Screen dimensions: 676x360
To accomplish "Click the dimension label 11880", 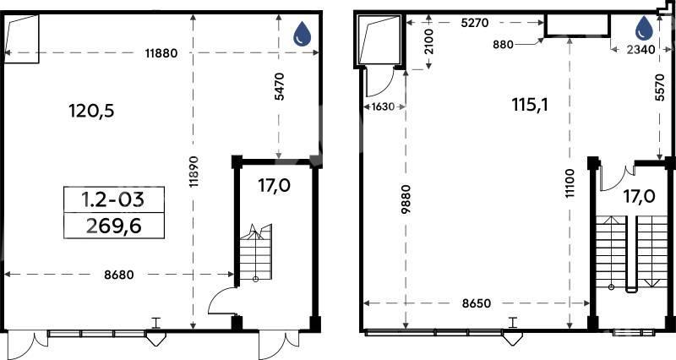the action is coord(161,53).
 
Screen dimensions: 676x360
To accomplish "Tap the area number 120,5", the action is coord(91,112).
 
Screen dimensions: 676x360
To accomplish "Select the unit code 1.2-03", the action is coord(113,199).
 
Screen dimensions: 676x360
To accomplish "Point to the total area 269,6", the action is coord(114,226).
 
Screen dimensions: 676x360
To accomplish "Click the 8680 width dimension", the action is coord(119,275).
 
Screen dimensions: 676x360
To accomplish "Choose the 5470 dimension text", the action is coord(280,87).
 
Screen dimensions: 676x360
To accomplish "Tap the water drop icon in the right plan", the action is coord(645,28).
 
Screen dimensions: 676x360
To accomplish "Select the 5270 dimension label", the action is coord(475,23).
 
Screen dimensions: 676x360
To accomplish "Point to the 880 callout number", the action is coord(503,44).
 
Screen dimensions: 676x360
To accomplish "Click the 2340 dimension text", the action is coord(641,50).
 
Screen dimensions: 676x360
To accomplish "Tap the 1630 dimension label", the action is coord(383,106).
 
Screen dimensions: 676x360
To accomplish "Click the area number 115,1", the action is coord(531,104).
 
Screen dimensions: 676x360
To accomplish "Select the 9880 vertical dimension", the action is coord(406,199).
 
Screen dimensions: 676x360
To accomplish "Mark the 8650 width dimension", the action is coord(477,303).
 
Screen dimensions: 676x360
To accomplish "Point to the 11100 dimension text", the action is coord(570,183).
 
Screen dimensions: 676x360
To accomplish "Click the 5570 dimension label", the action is coord(659,87).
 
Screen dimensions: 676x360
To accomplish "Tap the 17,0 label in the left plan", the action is coord(274,186).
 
